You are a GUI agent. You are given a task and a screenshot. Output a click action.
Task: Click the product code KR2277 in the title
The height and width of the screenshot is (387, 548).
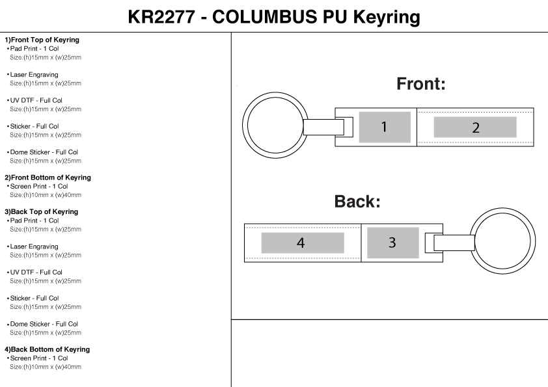tap(161, 17)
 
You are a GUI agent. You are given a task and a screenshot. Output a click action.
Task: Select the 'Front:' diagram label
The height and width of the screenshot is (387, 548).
tap(421, 84)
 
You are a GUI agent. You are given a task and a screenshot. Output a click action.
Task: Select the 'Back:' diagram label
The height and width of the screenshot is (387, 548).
tap(357, 202)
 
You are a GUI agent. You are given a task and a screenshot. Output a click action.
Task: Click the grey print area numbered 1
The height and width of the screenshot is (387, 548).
tap(384, 127)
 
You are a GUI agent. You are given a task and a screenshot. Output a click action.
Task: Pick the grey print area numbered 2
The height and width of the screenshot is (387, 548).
tap(475, 127)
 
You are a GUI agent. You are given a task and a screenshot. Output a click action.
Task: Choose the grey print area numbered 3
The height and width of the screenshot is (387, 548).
tap(392, 243)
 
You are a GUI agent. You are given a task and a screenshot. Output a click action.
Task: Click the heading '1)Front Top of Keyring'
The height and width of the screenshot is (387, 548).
tap(42, 40)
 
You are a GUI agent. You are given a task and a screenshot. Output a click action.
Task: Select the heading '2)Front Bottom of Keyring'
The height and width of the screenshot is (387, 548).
tap(48, 178)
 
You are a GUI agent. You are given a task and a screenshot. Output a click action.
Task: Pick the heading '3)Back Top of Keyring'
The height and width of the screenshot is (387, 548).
tap(42, 211)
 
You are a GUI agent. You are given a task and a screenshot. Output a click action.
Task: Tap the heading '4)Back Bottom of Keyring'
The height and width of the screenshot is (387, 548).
tap(48, 349)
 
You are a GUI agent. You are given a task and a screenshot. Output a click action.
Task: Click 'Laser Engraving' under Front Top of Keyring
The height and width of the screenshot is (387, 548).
tap(34, 75)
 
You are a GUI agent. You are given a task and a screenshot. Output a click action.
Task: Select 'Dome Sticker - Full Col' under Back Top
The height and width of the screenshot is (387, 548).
tap(44, 324)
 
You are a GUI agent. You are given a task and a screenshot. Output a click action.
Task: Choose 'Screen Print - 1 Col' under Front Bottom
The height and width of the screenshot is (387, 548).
tap(39, 186)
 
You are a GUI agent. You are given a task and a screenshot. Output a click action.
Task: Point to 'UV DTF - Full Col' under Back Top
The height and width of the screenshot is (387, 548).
tap(36, 272)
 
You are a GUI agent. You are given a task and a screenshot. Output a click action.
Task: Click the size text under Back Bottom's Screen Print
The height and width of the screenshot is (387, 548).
tap(46, 367)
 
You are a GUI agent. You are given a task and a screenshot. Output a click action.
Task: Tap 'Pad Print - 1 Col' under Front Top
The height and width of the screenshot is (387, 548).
tap(35, 49)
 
